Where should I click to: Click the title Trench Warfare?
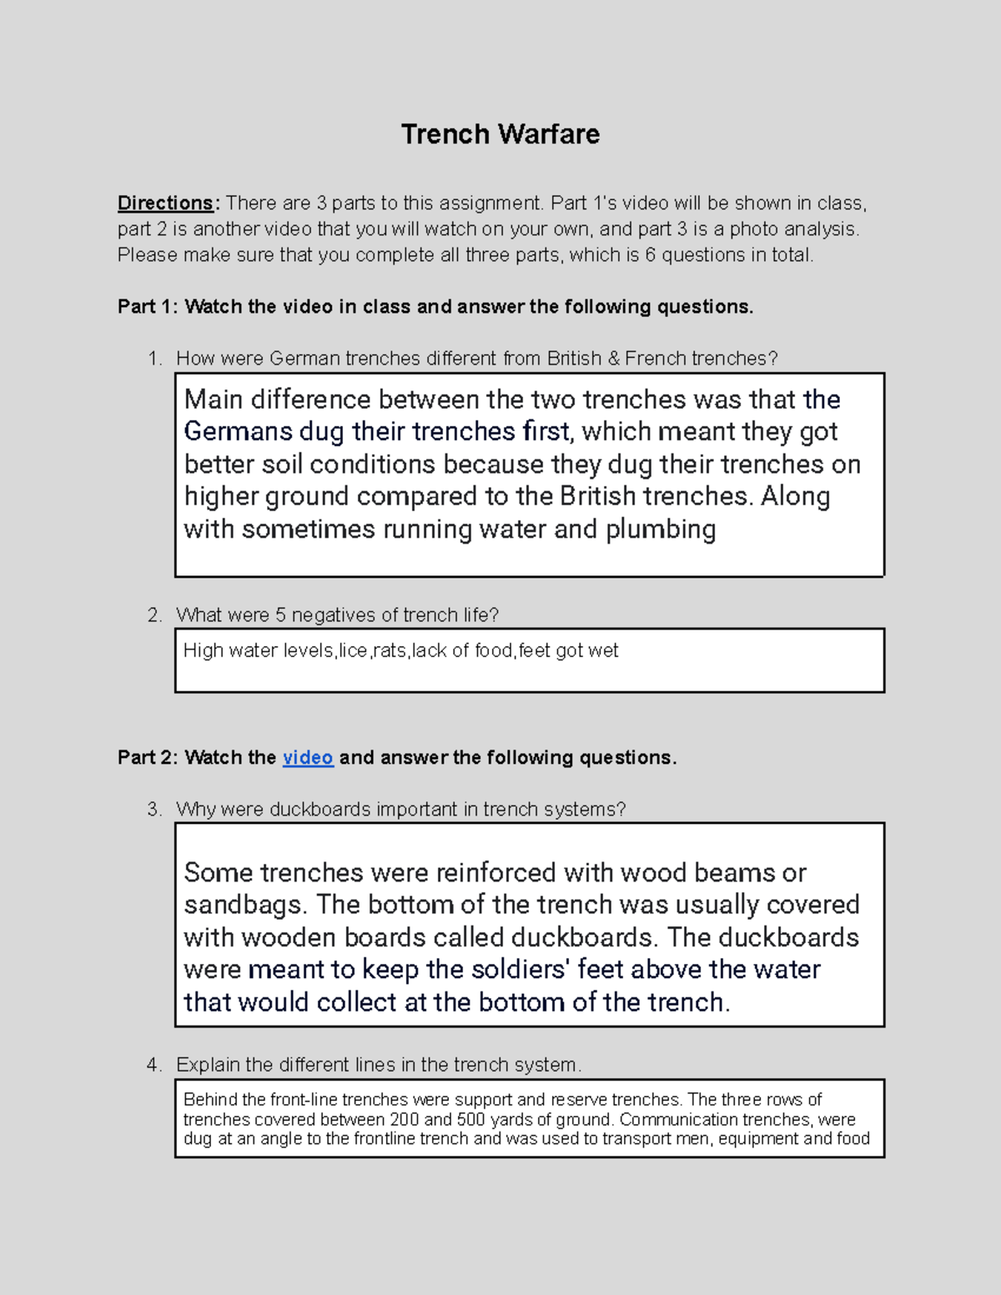click(x=500, y=134)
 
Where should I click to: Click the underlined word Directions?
click(x=165, y=203)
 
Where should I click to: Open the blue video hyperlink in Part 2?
click(x=308, y=757)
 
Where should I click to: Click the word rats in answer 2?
click(x=390, y=650)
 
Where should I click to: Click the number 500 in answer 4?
click(x=471, y=1119)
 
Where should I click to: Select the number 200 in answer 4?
click(x=405, y=1119)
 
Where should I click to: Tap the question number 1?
click(x=153, y=359)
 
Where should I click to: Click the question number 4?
click(x=153, y=1065)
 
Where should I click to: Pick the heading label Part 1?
click(x=148, y=307)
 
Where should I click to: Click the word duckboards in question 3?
click(x=320, y=809)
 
